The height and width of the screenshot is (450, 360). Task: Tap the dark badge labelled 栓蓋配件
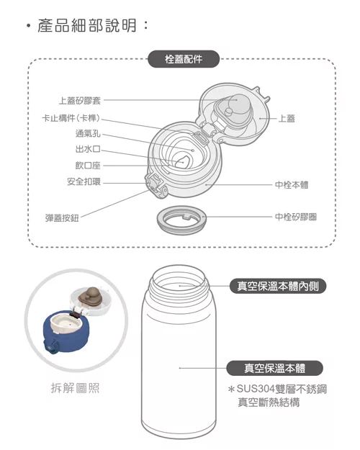point(184,60)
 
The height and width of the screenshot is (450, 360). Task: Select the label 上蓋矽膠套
point(80,101)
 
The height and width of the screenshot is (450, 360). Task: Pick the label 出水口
point(88,150)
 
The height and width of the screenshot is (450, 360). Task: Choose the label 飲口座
point(88,166)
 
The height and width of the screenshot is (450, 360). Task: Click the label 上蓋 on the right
point(286,118)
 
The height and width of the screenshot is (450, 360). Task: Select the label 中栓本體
point(292,184)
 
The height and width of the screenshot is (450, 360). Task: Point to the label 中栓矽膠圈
point(296,216)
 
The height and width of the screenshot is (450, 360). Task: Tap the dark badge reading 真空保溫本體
point(274,368)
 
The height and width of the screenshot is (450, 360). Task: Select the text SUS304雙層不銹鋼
point(282,389)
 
